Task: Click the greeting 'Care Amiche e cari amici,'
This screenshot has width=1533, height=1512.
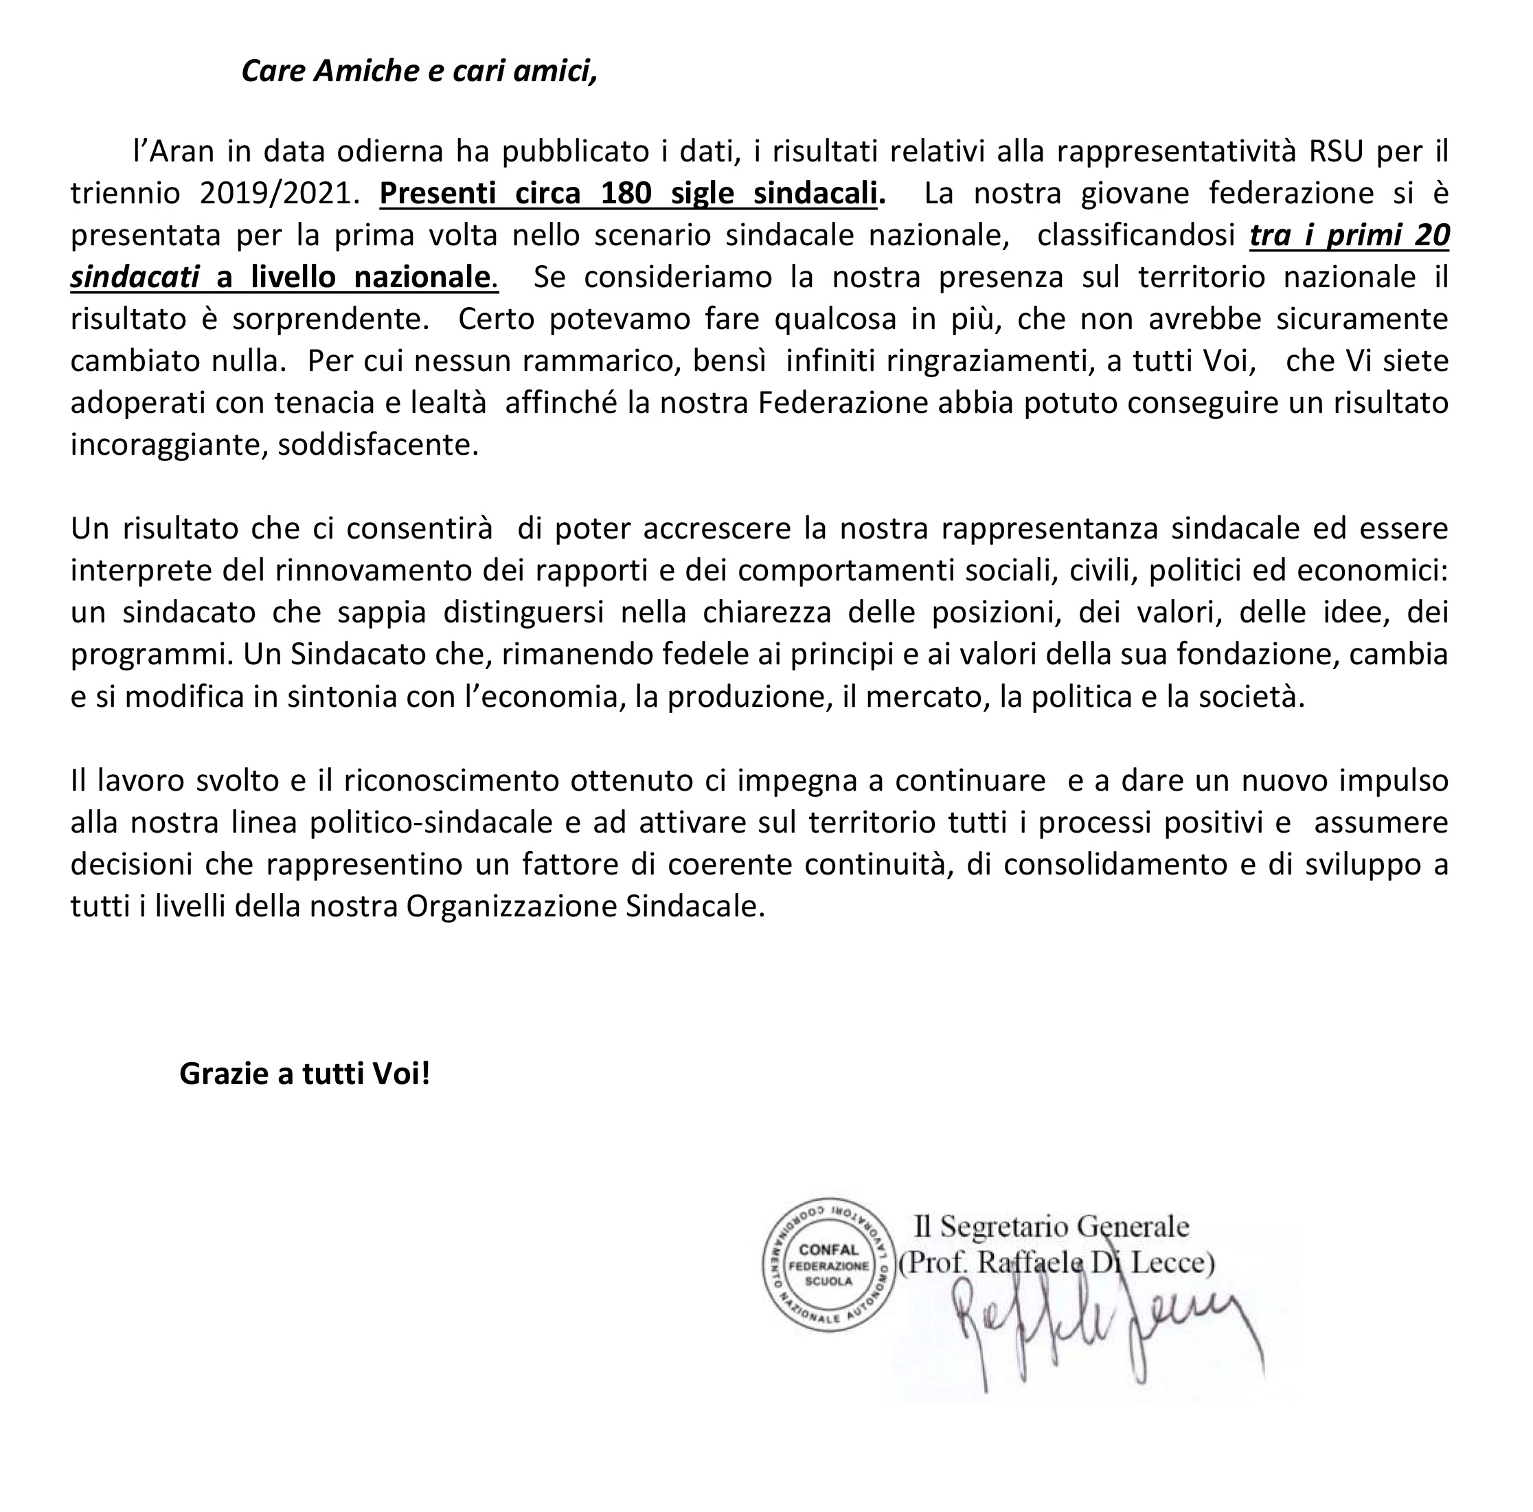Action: point(419,71)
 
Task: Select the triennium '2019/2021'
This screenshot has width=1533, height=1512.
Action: point(275,193)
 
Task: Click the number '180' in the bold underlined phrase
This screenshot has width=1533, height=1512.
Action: point(626,193)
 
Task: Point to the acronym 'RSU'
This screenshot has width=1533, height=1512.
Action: point(1336,151)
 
